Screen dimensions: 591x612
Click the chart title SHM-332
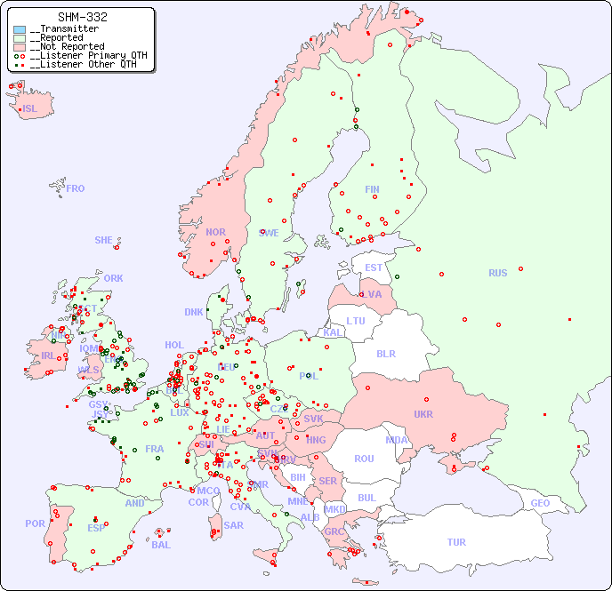tap(83, 17)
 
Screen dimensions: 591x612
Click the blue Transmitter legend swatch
tap(20, 29)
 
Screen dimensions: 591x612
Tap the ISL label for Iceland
tap(30, 109)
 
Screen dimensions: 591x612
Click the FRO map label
tap(76, 188)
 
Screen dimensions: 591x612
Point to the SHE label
tap(103, 240)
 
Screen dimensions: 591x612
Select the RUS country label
tap(497, 273)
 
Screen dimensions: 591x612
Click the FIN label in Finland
tap(372, 189)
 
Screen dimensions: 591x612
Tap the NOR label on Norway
tap(215, 232)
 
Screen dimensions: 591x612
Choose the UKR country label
tap(423, 414)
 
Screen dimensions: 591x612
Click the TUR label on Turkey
tap(456, 542)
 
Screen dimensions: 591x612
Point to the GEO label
tap(540, 503)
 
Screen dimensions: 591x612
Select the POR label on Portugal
tap(35, 523)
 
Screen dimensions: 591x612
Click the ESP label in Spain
tap(96, 527)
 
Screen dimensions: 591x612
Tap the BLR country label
tap(386, 353)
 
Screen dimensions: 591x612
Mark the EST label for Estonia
tap(374, 268)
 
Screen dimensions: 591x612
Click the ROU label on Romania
tap(364, 459)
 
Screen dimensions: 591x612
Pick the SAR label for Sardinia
tap(233, 525)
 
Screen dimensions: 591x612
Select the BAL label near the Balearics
tap(160, 545)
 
